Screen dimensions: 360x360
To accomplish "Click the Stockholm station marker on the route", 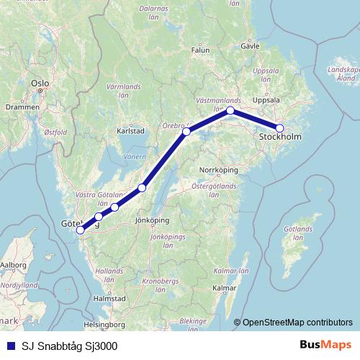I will click(x=280, y=129).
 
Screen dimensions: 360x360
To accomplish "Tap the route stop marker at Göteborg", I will click(x=80, y=230).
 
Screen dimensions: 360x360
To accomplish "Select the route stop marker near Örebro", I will click(x=186, y=132).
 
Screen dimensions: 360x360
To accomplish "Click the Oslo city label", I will click(x=40, y=84).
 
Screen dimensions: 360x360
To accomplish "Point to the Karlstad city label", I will click(x=130, y=132).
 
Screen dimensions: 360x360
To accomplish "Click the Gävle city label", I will click(x=249, y=45).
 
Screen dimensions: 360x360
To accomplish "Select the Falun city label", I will click(x=199, y=50).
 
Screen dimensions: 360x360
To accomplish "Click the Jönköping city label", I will click(x=152, y=220).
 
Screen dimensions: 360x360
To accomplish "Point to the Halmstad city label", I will click(x=110, y=297).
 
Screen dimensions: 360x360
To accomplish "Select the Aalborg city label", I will click(x=12, y=265).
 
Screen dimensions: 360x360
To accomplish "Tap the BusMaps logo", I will click(x=327, y=346).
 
